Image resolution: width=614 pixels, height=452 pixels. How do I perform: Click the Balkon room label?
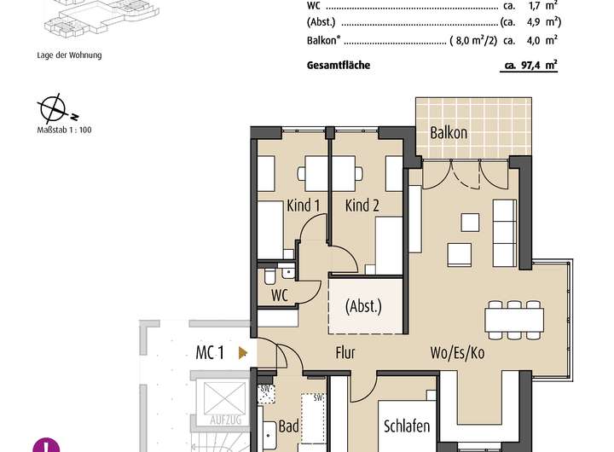tap(449, 133)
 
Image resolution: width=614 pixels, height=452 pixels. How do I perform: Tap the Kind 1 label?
tap(304, 206)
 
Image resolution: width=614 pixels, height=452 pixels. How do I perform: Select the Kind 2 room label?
tap(362, 206)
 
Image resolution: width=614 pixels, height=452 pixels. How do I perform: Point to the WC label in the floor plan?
tap(279, 295)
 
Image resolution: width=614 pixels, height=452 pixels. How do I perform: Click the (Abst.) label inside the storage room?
tap(363, 305)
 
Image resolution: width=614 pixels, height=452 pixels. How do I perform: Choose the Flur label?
tap(345, 352)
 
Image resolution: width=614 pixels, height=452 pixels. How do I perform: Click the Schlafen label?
tap(407, 426)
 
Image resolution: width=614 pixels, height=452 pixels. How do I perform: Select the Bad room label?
tap(289, 426)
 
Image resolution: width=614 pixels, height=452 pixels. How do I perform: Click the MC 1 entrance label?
tap(210, 351)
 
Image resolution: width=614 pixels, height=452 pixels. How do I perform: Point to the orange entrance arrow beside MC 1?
tap(243, 351)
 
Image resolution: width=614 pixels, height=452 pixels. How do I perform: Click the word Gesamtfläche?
tap(338, 65)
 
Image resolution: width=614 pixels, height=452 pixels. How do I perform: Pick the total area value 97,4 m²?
tap(534, 65)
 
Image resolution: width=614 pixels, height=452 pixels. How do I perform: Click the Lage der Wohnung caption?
tap(63, 56)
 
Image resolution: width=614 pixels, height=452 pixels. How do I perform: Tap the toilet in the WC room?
tap(269, 276)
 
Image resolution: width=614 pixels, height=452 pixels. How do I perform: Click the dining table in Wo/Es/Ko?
tap(514, 319)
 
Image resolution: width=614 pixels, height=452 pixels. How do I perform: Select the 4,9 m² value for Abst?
tap(543, 22)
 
